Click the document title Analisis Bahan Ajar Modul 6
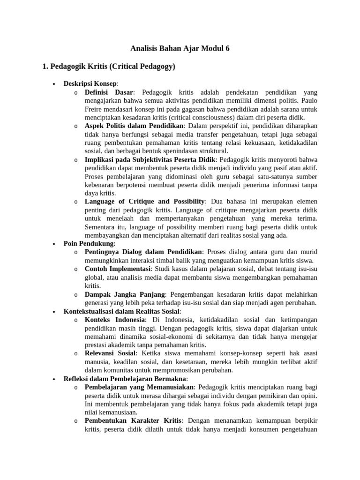pos(180,48)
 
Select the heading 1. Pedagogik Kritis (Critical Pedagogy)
pos(109,67)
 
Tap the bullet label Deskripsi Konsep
pos(90,83)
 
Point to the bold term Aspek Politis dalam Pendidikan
pos(135,126)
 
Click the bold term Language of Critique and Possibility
pos(144,202)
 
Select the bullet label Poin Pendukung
pos(89,244)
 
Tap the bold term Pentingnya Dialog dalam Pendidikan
pos(143,252)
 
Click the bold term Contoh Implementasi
pos(117,269)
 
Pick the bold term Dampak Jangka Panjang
pos(125,294)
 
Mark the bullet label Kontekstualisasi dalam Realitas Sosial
pos(122,311)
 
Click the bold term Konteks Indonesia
pos(115,320)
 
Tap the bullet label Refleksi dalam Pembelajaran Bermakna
pos(125,378)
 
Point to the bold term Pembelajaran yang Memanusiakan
pos(139,387)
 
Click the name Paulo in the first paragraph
pos(307,101)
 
